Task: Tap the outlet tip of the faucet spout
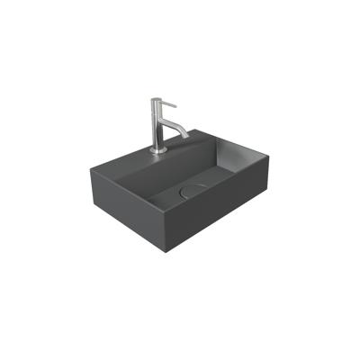(186, 138)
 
